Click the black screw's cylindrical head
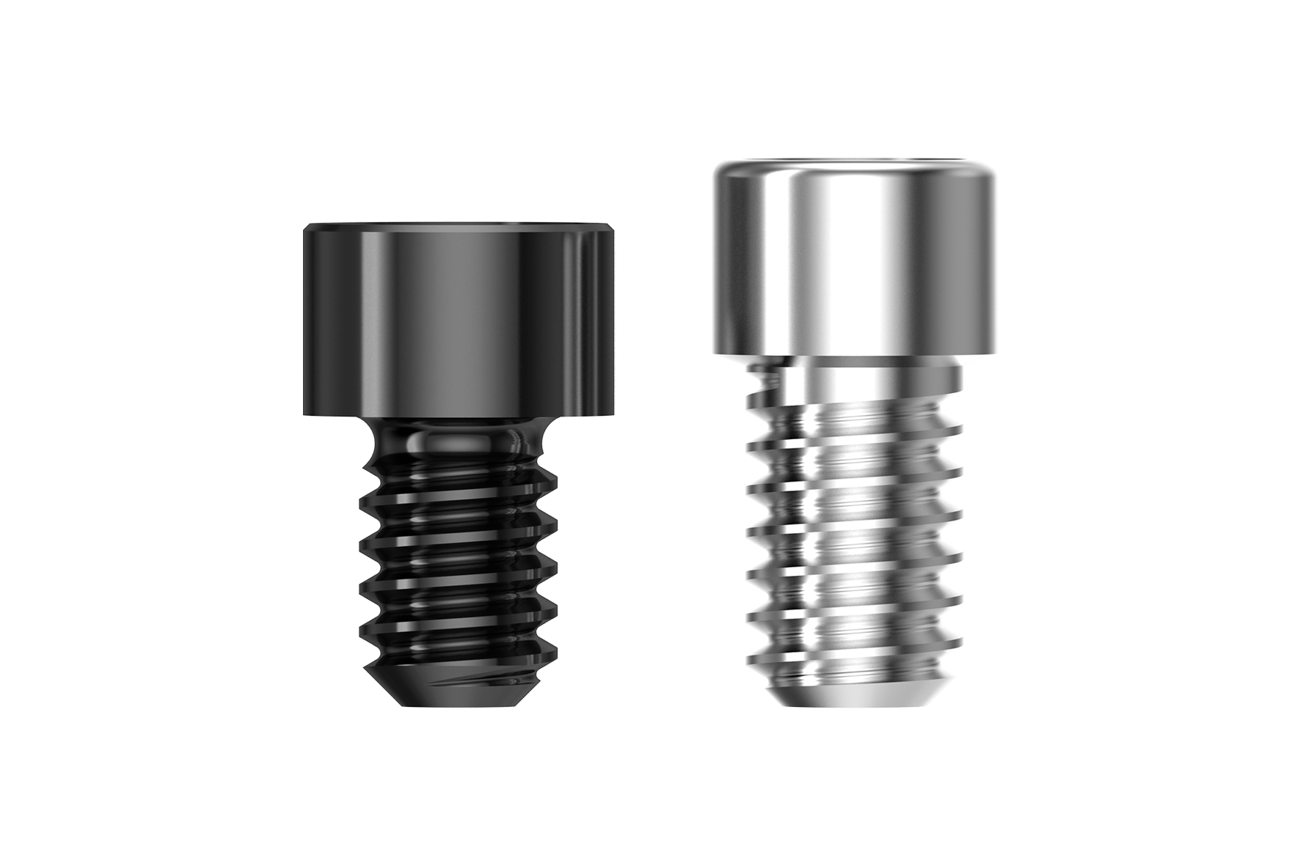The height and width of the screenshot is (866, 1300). click(459, 323)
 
